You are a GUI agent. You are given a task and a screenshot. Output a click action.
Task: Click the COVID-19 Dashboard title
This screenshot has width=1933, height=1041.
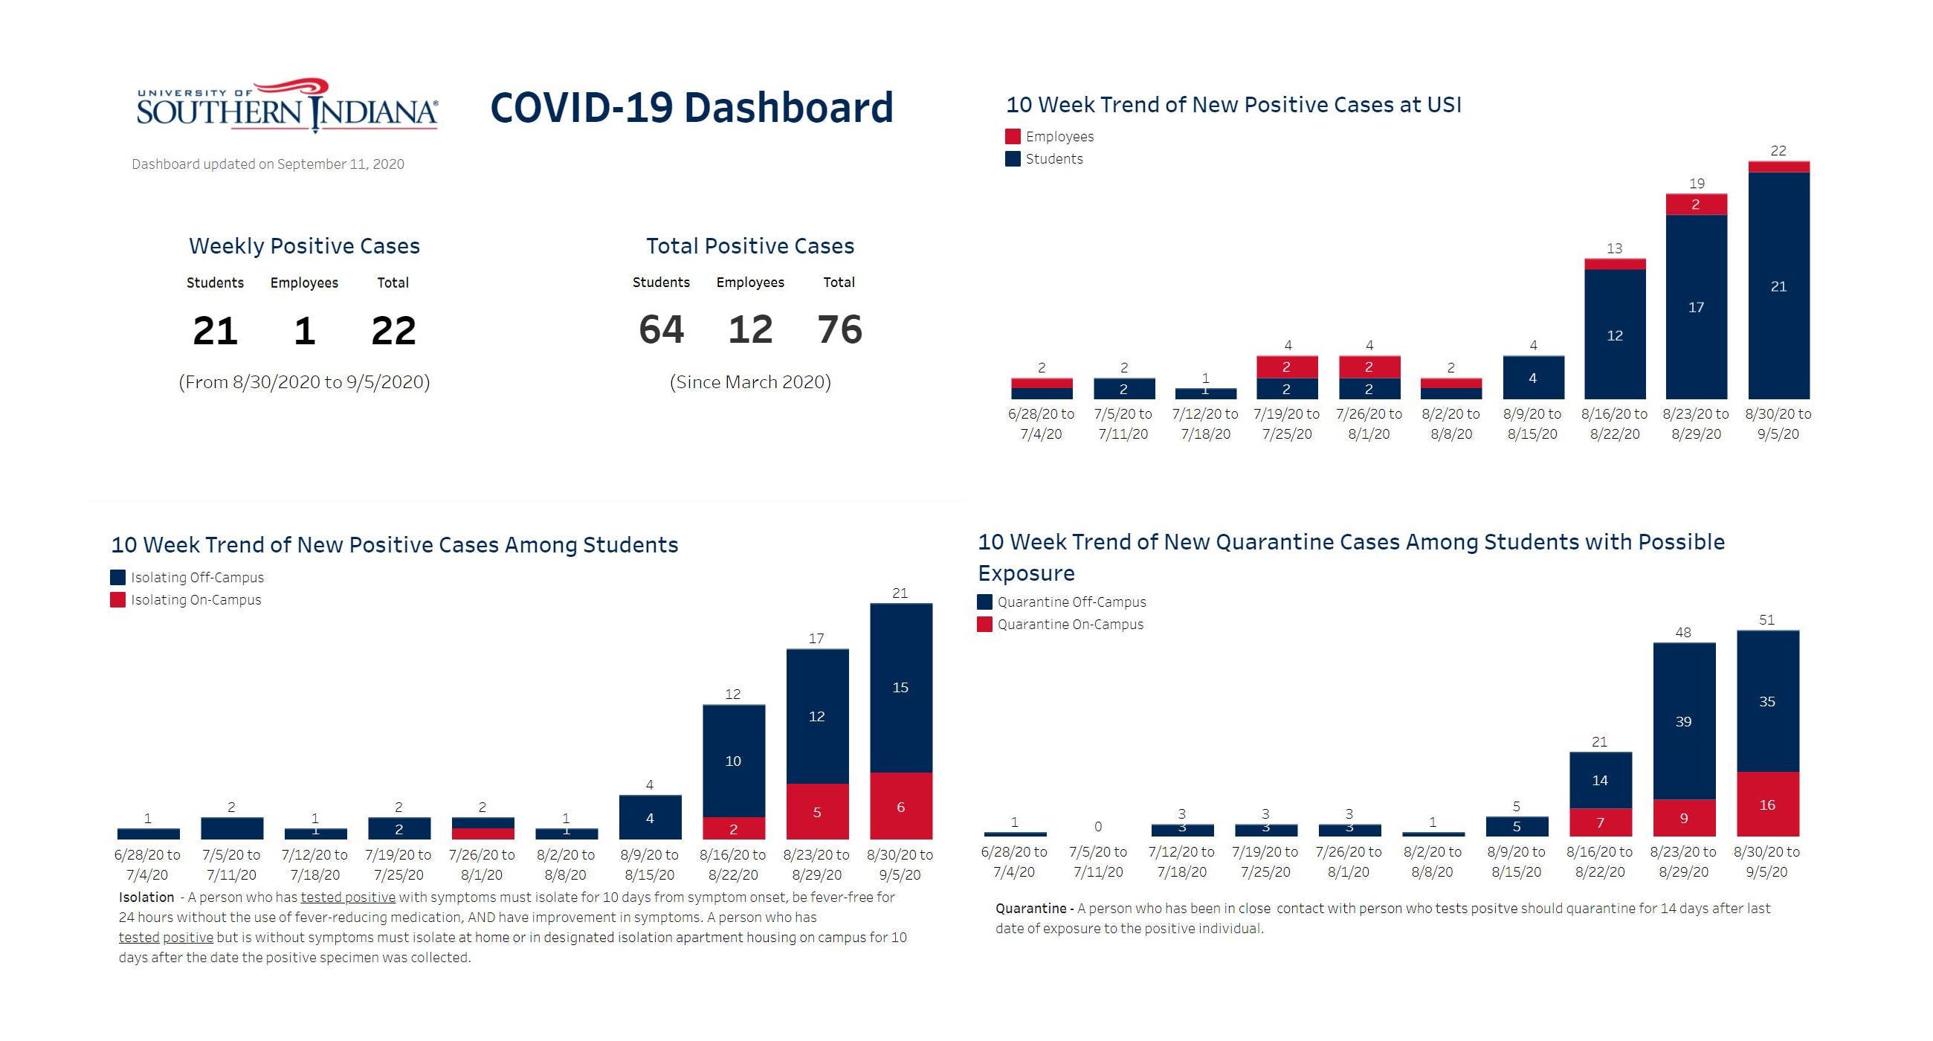(691, 107)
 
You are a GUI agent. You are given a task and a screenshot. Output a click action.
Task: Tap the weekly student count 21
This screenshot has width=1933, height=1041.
(216, 331)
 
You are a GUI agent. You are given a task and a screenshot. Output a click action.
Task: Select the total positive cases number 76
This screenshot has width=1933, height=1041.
(839, 329)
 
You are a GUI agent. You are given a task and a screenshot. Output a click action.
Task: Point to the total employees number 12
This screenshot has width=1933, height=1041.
(749, 329)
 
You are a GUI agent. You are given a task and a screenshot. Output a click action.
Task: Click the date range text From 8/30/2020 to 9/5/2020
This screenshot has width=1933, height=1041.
(304, 382)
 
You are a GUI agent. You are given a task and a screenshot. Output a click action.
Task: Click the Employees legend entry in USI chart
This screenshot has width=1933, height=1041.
(1059, 137)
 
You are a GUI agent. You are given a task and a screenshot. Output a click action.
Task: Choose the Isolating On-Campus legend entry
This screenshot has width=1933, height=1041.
(195, 599)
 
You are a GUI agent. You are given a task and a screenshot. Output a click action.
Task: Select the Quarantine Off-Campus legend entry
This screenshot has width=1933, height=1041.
(1071, 602)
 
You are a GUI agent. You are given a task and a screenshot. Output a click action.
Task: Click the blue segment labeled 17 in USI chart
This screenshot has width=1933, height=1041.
(1696, 307)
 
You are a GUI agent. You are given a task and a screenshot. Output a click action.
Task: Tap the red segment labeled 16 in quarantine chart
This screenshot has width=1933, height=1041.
(1767, 805)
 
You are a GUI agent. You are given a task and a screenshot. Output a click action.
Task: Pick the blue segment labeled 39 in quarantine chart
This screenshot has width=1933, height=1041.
(1683, 721)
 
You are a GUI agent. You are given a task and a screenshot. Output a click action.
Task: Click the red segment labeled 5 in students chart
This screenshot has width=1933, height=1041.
(816, 812)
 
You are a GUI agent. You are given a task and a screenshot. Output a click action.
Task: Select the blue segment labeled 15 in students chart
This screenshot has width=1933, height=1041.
(900, 688)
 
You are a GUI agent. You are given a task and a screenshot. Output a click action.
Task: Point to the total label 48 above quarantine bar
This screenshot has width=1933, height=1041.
(1683, 633)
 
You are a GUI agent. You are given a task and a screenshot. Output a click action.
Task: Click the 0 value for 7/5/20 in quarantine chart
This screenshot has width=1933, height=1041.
(1098, 826)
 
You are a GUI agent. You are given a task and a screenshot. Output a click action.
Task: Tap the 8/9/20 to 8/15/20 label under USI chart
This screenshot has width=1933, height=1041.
(1533, 424)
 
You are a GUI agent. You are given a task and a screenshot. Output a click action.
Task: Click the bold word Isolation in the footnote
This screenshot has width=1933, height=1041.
(146, 897)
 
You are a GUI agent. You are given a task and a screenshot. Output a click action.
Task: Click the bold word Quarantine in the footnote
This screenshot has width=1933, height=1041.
(1030, 908)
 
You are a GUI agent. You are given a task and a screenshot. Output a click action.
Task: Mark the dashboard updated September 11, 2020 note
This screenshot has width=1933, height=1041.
(268, 164)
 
